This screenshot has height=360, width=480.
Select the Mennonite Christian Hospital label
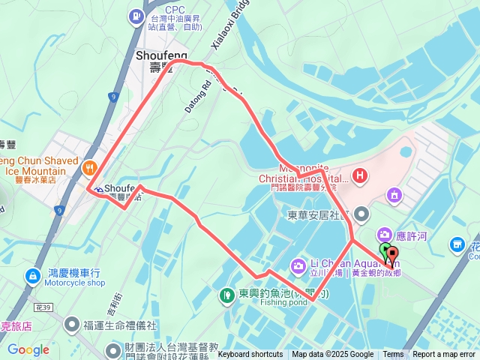pyautogui.click(x=304, y=178)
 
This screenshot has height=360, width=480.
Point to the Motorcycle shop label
pyautogui.click(x=74, y=283)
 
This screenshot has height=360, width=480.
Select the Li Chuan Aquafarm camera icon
pyautogui.click(x=298, y=265)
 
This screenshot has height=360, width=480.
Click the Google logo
pyautogui.click(x=28, y=349)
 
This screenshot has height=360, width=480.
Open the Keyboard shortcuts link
pyautogui.click(x=250, y=355)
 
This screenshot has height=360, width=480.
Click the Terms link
pyautogui.click(x=393, y=355)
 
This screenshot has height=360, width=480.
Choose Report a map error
pyautogui.click(x=443, y=355)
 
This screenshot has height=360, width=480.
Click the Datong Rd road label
pyautogui.click(x=193, y=96)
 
